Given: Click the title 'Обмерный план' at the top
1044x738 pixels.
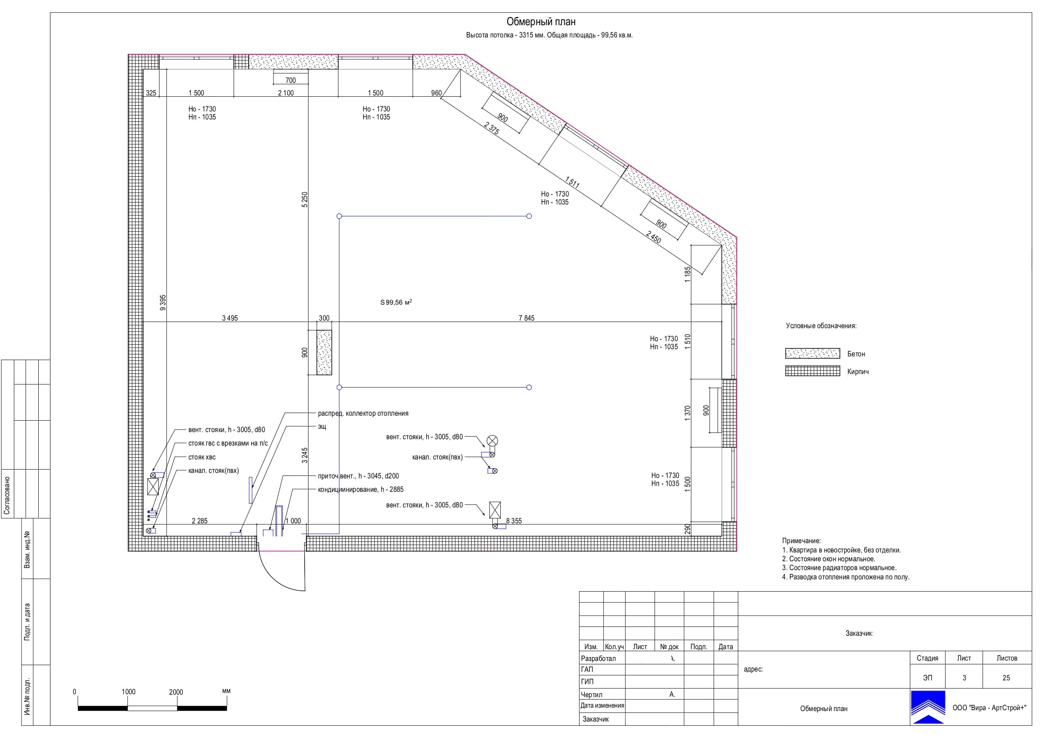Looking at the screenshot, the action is (541, 21).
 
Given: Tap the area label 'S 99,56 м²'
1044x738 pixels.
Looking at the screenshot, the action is (396, 302).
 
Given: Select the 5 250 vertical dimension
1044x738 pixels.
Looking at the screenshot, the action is (305, 199).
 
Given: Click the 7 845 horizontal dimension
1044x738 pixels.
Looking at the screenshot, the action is (526, 319).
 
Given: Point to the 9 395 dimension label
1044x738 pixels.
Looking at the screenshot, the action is (163, 303).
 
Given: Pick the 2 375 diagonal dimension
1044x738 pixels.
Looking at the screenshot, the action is (491, 128).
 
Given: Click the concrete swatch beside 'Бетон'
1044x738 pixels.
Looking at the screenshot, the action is (812, 353).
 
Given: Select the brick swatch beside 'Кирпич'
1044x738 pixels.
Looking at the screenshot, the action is (812, 371).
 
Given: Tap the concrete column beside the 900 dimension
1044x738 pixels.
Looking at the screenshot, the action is (324, 353).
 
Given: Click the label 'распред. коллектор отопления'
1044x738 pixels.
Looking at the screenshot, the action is (363, 413).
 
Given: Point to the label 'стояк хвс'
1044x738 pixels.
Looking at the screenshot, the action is (202, 457).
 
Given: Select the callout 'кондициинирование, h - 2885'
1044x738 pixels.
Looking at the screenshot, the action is (361, 489).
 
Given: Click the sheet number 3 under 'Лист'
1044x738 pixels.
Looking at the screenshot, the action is (964, 677).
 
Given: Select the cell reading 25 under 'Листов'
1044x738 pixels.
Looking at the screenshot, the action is (1006, 677).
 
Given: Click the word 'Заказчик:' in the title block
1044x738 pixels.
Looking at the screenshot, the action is (859, 633).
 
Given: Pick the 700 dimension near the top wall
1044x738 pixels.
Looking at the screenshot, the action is (290, 80).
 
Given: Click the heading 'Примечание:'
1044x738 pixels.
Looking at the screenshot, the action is (801, 541).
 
